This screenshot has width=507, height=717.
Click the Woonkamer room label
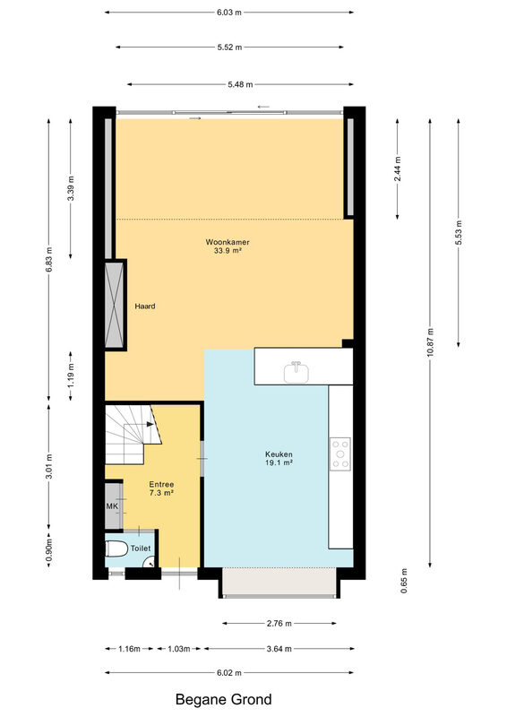[x=228, y=242]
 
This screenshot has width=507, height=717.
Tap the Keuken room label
[x=279, y=454]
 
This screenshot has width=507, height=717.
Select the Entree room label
[x=161, y=484]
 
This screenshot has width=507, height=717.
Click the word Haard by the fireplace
[x=145, y=306]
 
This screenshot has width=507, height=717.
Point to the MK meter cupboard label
[x=112, y=505]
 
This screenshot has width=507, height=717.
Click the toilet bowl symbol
[x=116, y=549]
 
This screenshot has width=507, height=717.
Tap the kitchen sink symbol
[x=296, y=372]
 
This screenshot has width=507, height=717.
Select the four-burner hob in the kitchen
[x=340, y=454]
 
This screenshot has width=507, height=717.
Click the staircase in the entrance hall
[x=133, y=434]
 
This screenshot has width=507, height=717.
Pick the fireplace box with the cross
[x=115, y=306]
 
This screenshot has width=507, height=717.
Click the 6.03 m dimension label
[x=229, y=13]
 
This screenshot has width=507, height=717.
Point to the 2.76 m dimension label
[x=279, y=623]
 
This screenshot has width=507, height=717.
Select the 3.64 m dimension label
[x=279, y=648]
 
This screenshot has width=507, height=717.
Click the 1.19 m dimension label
[x=71, y=376]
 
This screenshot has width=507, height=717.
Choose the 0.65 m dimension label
[x=404, y=581]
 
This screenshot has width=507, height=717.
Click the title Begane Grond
[x=224, y=699]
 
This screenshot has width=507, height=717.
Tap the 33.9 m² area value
[x=228, y=250]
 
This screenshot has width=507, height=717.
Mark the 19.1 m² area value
[x=279, y=462]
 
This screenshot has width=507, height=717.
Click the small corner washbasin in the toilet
[x=150, y=564]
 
